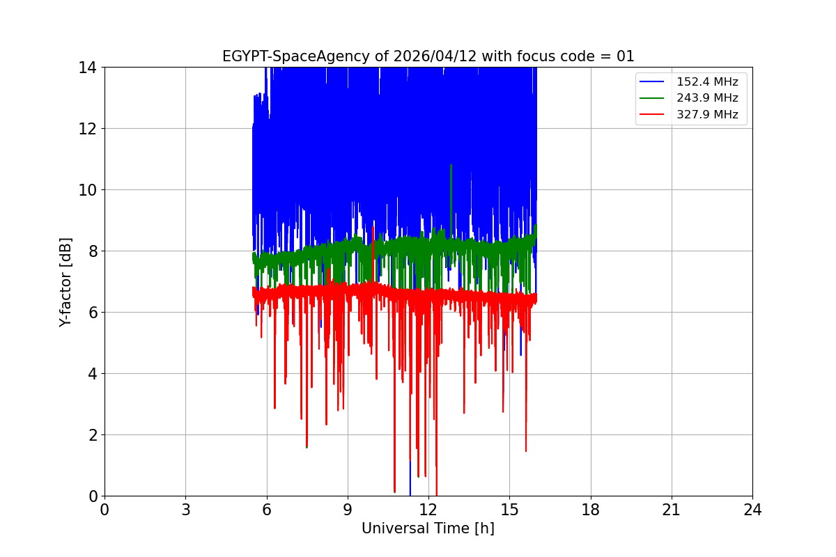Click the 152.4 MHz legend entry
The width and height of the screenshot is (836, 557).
click(x=707, y=82)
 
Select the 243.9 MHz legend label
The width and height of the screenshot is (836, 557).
click(x=707, y=98)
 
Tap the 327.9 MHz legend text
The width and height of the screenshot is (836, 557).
click(x=707, y=115)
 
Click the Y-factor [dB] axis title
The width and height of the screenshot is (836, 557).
click(x=65, y=281)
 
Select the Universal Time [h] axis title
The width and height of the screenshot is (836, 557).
click(x=428, y=528)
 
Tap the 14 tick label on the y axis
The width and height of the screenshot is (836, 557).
click(x=87, y=68)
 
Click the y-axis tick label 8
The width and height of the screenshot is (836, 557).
click(x=91, y=251)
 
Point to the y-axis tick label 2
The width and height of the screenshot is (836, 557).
click(x=91, y=435)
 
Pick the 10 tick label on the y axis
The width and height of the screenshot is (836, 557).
click(x=87, y=190)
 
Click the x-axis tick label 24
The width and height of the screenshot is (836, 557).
click(x=752, y=510)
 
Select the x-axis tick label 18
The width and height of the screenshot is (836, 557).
click(x=591, y=510)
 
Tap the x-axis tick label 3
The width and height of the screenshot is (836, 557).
click(x=185, y=510)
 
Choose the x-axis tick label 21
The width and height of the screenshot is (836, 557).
click(x=672, y=510)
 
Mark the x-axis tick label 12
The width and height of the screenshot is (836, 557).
click(x=428, y=510)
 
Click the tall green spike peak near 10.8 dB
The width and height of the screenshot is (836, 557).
click(x=451, y=166)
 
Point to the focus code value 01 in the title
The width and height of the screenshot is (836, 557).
click(x=626, y=56)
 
